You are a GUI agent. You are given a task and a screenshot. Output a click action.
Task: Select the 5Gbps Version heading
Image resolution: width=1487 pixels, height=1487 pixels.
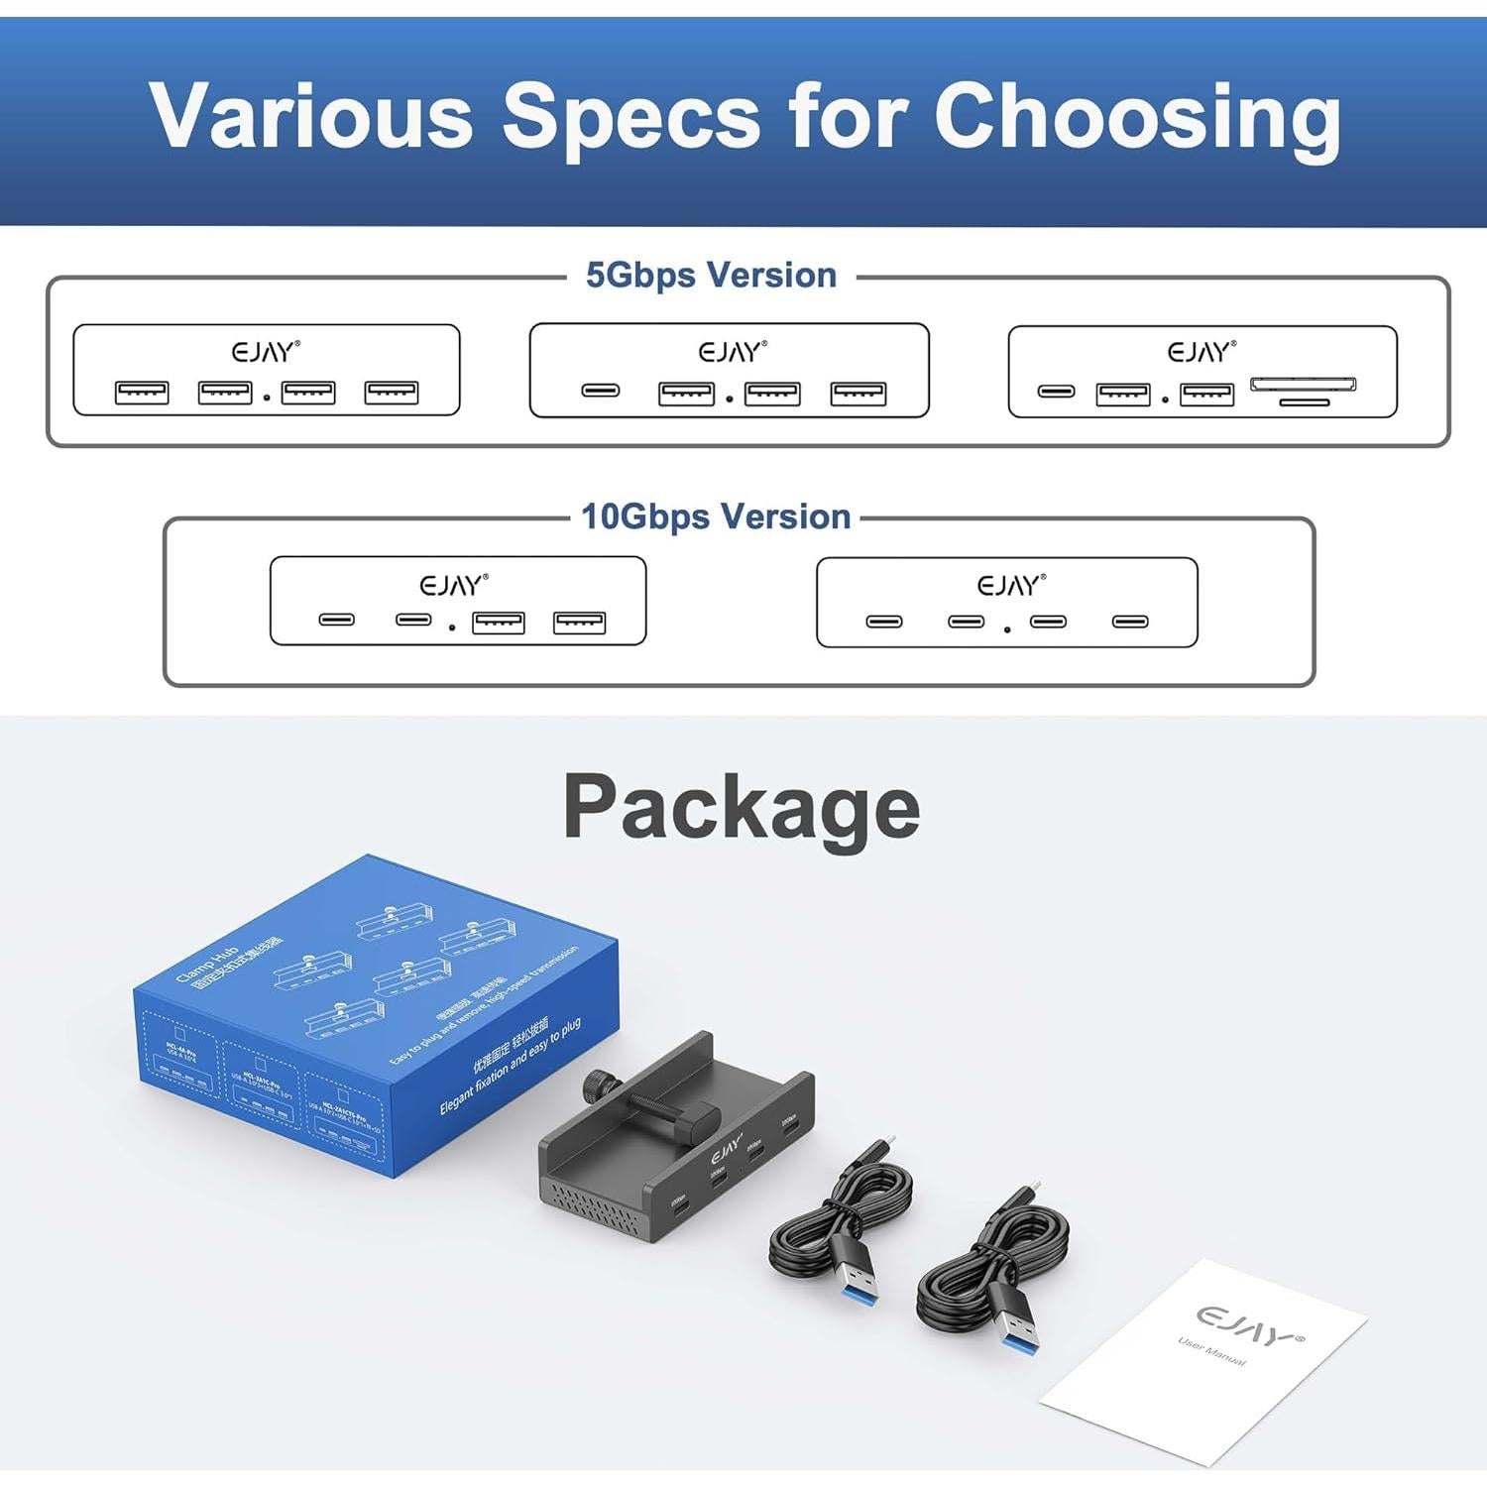711,275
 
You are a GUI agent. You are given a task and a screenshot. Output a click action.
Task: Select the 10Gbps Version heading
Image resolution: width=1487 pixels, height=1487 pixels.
716,516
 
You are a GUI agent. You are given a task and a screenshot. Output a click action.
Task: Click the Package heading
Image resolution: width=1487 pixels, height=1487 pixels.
742,807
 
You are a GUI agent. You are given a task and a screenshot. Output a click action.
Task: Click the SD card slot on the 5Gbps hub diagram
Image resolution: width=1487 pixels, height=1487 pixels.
1303,385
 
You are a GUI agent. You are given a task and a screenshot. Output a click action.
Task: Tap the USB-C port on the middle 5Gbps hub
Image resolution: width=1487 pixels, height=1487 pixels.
600,391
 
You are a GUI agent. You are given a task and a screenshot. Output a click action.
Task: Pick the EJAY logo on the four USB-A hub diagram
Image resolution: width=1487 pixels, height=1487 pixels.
266,352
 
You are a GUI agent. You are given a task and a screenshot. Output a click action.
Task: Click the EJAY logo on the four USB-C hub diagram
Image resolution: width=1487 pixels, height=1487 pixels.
1011,586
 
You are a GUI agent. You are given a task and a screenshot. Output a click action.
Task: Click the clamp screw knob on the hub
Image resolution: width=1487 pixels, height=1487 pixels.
599,1085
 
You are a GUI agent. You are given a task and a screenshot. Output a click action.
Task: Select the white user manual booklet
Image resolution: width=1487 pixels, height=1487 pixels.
1205,1362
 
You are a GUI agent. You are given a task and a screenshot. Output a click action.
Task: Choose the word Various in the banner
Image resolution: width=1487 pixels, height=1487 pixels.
311,117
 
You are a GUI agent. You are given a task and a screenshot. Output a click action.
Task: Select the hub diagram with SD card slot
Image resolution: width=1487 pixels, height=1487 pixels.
1201,371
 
